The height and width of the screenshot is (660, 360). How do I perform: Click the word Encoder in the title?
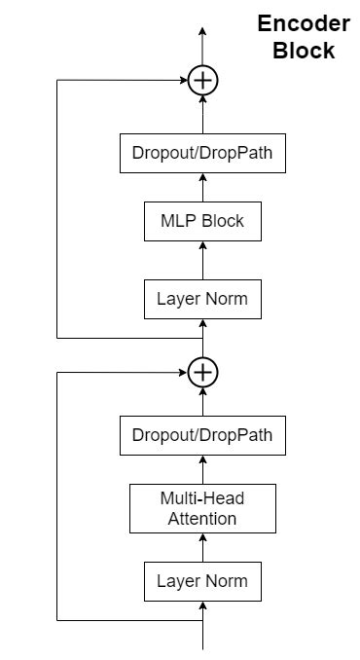click(x=303, y=25)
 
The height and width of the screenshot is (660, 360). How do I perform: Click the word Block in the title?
click(x=303, y=51)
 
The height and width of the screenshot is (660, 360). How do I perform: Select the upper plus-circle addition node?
click(x=202, y=80)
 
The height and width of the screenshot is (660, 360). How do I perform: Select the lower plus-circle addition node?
click(x=202, y=372)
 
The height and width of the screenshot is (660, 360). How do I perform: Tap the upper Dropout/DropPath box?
click(x=202, y=154)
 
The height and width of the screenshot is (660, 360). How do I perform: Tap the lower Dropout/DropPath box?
click(x=202, y=435)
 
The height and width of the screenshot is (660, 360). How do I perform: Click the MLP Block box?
click(x=202, y=221)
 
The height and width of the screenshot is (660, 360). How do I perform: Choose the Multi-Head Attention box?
click(x=202, y=508)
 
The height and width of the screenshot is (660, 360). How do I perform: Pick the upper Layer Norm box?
click(x=202, y=299)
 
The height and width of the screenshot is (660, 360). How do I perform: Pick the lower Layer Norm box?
click(x=202, y=581)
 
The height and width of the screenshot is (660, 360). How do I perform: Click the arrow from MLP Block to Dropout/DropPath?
click(x=202, y=187)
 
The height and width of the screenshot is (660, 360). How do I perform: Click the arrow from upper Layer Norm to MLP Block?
click(x=202, y=260)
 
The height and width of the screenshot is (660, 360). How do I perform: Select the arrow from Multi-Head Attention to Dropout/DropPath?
click(x=202, y=469)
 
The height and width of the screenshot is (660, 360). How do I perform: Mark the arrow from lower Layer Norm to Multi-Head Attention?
click(x=202, y=547)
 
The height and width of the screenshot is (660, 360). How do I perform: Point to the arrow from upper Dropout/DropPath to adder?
click(x=202, y=115)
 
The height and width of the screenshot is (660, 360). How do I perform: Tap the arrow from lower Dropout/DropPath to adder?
click(x=202, y=401)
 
